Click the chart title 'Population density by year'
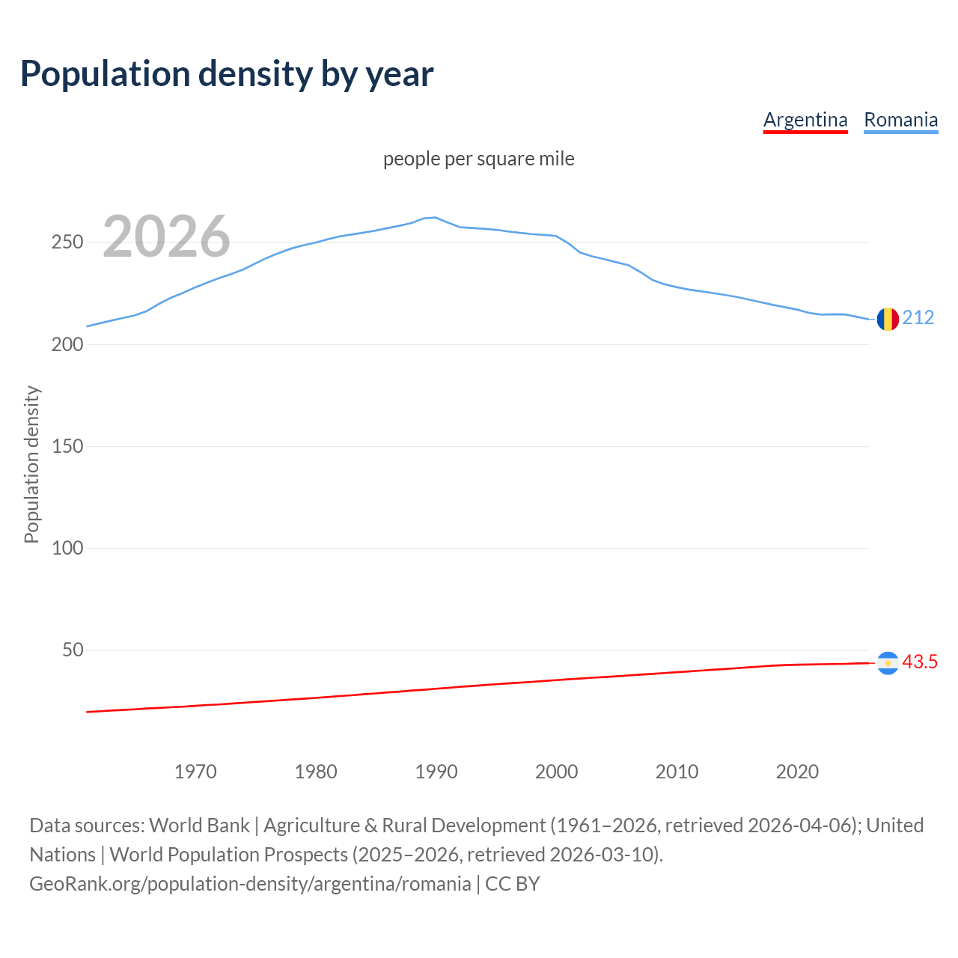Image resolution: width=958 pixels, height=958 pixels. tap(227, 73)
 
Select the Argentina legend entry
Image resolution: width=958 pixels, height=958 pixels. tap(805, 120)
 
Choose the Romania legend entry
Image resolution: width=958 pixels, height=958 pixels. tap(900, 120)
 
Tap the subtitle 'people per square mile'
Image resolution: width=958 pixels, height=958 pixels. tap(478, 159)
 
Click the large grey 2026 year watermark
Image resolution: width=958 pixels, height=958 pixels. tap(166, 237)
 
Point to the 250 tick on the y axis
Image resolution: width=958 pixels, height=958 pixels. tap(67, 242)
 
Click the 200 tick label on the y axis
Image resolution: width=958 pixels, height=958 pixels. tap(67, 344)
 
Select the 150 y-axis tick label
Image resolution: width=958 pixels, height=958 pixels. tap(67, 446)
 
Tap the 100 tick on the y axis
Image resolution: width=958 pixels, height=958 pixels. tap(67, 548)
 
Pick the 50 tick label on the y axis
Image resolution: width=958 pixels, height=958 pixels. tap(73, 650)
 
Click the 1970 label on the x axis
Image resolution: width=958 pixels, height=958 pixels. tap(195, 772)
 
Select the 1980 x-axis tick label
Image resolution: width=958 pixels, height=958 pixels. tap(316, 772)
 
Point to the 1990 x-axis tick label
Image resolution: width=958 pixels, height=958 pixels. tap(436, 772)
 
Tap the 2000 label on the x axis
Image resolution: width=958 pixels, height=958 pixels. tap(557, 772)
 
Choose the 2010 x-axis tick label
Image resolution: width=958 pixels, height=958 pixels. tap(677, 772)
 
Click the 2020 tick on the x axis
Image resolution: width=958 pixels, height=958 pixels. tap(798, 772)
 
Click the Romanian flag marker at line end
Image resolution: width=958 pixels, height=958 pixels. tap(888, 319)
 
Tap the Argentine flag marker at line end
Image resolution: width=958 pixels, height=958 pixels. tap(888, 663)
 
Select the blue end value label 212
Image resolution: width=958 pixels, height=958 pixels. tap(918, 318)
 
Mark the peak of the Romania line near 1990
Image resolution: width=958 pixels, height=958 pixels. tap(436, 217)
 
